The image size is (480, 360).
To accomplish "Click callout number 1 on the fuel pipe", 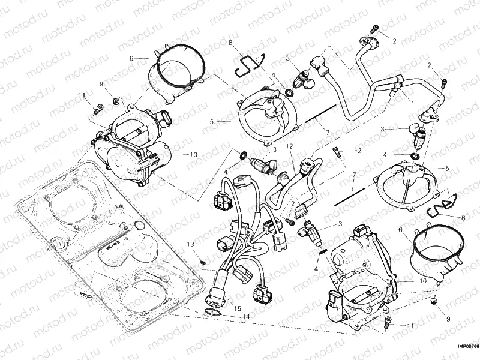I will click(412, 104).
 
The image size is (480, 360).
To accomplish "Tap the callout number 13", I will click(190, 244).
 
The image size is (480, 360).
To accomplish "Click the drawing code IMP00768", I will click(467, 346).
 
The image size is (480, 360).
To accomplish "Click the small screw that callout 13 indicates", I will click(203, 262).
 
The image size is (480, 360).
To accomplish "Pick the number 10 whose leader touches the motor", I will click(193, 154).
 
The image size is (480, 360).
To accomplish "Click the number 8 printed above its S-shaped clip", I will click(230, 42).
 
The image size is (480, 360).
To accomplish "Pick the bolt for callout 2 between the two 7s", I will click(335, 150).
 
